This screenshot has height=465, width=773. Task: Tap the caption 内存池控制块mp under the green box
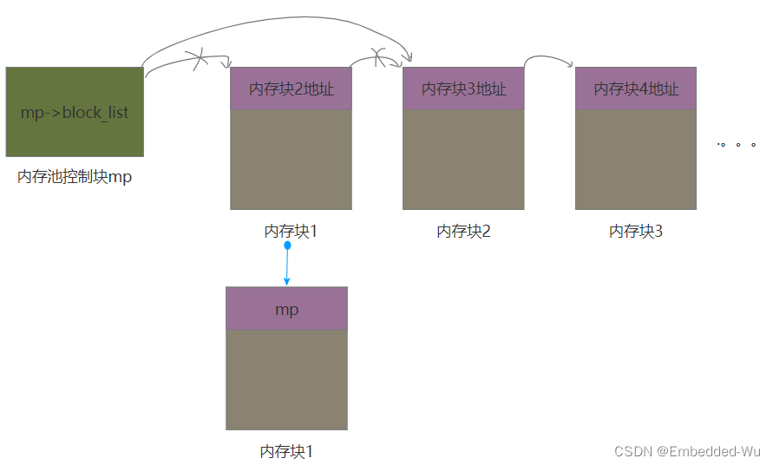(75, 178)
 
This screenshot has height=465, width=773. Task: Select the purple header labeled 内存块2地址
(291, 88)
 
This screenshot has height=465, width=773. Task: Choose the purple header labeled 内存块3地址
(463, 88)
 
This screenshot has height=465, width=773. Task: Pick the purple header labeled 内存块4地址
(636, 88)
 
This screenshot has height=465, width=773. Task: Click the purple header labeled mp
(286, 309)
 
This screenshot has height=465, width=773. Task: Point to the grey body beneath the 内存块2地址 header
(291, 160)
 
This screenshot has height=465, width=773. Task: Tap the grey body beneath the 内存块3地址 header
(463, 160)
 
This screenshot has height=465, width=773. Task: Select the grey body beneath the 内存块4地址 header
(636, 160)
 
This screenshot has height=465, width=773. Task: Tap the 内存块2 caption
(463, 232)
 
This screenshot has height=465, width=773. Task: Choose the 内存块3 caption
(636, 232)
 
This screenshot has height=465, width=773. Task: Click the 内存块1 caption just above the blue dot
(291, 232)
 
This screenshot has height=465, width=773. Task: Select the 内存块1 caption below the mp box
(285, 451)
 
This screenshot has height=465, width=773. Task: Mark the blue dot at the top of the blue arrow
(287, 246)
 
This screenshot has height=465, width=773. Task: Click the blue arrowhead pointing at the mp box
(286, 281)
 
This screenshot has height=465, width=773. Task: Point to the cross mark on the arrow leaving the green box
(199, 61)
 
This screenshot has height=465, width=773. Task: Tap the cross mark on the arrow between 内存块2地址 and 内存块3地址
(378, 58)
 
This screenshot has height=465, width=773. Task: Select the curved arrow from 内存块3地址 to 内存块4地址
(549, 57)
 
